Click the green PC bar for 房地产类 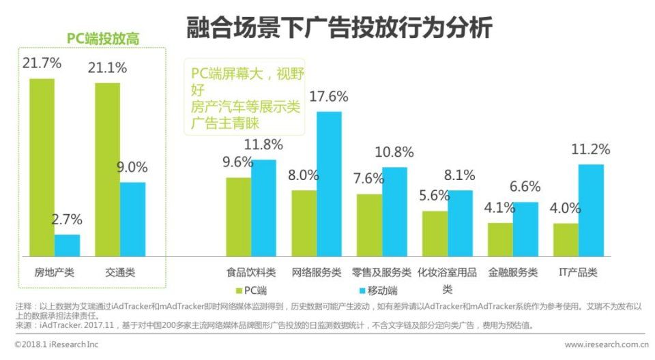[42, 167]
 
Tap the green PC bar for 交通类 [107, 169]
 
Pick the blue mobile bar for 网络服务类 [329, 183]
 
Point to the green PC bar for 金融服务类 [500, 239]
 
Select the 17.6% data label [329, 97]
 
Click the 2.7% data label [68, 220]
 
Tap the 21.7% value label [42, 64]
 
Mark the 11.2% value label [591, 150]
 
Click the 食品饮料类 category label [251, 273]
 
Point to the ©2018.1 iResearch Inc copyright [56, 344]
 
